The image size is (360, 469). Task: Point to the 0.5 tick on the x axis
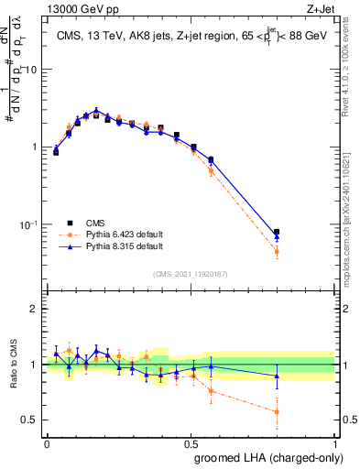point(191,442)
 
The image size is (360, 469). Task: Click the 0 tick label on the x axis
point(47,442)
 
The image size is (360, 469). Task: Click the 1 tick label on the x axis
point(335,442)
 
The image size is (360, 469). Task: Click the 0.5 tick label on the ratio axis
point(31,420)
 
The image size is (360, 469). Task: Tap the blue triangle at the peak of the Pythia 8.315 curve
point(96,110)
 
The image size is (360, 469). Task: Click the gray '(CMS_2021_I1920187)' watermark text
point(191,274)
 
